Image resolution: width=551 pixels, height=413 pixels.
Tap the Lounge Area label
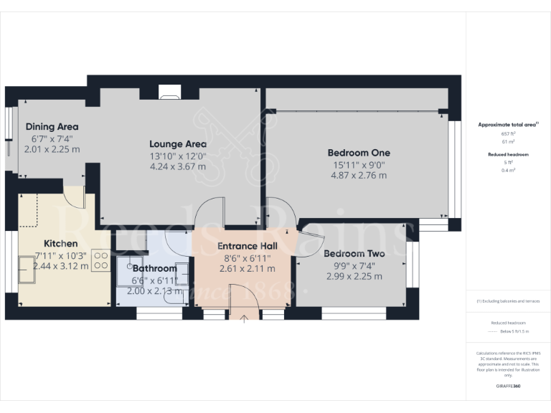pyautogui.click(x=177, y=143)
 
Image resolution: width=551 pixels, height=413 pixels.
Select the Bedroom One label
pyautogui.click(x=359, y=153)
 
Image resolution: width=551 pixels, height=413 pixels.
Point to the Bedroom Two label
pyautogui.click(x=354, y=254)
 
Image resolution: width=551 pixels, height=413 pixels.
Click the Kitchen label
pyautogui.click(x=61, y=243)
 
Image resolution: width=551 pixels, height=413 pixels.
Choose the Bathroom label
pyautogui.click(x=154, y=269)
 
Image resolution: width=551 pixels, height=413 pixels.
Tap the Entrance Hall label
pyautogui.click(x=248, y=246)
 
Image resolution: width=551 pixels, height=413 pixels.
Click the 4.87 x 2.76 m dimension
pyautogui.click(x=359, y=176)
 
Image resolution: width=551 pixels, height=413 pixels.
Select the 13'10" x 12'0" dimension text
pyautogui.click(x=177, y=156)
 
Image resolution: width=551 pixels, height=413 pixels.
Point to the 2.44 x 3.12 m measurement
pyautogui.click(x=61, y=266)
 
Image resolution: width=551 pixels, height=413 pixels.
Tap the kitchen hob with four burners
pyautogui.click(x=100, y=260)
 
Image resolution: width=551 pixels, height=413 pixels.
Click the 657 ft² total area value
pyautogui.click(x=508, y=133)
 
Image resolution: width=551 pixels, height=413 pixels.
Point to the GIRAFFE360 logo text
pyautogui.click(x=508, y=387)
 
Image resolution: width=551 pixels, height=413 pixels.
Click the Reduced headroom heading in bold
pyautogui.click(x=508, y=154)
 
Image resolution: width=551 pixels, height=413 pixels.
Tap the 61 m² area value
pyautogui.click(x=508, y=142)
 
